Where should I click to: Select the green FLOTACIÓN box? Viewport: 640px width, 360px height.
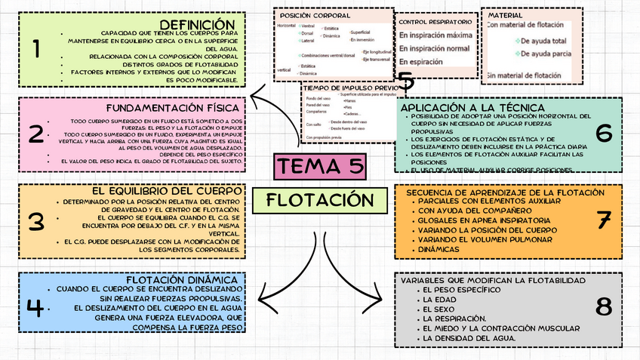coord(320,199)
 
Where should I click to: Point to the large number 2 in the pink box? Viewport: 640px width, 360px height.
coord(35,134)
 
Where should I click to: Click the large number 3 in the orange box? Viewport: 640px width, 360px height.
coord(35,221)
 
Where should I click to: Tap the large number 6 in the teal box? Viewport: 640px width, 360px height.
coord(603,133)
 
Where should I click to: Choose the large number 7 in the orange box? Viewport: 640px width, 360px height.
coord(603,220)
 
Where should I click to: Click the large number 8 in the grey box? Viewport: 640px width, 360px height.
coord(603,306)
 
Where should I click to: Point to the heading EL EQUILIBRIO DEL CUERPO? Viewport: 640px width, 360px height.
coord(168,191)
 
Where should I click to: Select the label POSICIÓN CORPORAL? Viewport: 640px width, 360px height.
coord(315,15)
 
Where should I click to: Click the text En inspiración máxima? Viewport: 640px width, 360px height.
coord(436,35)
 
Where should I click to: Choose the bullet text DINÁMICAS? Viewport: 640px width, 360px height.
coord(437,248)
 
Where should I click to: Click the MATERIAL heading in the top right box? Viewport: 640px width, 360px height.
coord(505,14)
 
